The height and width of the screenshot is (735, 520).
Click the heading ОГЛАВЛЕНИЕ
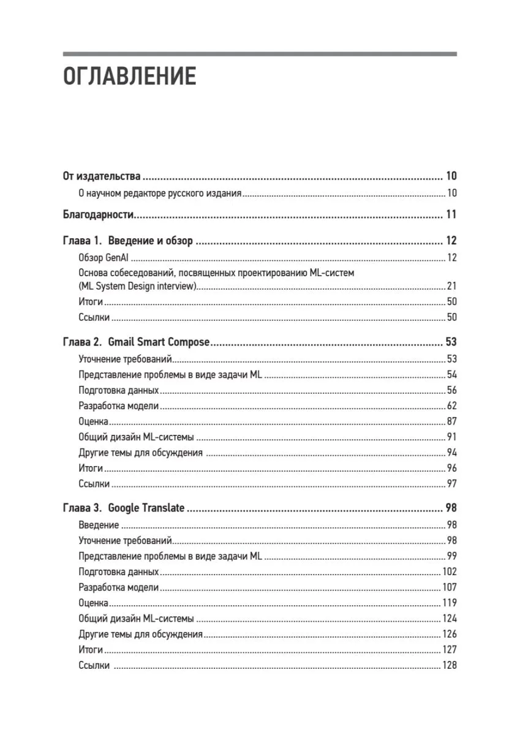(129, 77)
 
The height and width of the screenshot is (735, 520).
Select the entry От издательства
(102, 177)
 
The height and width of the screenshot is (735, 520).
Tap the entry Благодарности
(99, 215)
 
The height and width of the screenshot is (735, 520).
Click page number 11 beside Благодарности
(451, 215)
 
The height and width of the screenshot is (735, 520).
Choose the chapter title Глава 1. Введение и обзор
(127, 241)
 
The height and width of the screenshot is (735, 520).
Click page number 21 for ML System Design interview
(451, 286)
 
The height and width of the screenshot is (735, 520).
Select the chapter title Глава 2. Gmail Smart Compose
(136, 342)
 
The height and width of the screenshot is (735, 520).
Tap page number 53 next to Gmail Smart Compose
(451, 342)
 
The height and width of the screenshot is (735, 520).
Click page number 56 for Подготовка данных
(451, 390)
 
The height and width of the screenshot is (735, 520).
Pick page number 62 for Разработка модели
(451, 405)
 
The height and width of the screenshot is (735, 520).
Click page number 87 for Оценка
(451, 421)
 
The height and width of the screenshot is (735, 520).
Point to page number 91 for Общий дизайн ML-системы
(451, 437)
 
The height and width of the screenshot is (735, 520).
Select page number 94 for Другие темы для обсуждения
(451, 453)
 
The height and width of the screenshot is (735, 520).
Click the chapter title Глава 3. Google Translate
(124, 508)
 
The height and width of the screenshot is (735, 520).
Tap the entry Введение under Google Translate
(99, 525)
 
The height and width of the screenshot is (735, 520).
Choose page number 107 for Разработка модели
(449, 587)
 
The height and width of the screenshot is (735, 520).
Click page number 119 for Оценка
(449, 603)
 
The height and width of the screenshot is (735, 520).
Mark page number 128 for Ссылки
(449, 666)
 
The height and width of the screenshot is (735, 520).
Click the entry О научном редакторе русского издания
(160, 194)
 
